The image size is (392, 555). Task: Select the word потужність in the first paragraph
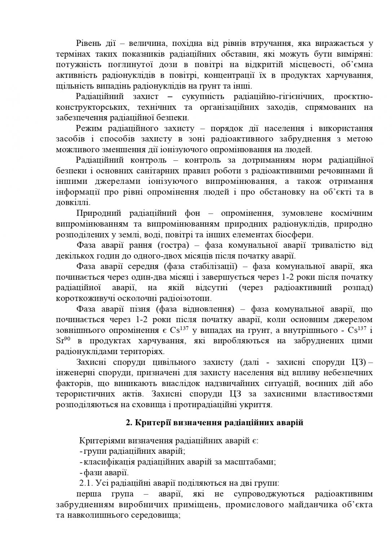click(x=76, y=65)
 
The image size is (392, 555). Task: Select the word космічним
click(x=351, y=213)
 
